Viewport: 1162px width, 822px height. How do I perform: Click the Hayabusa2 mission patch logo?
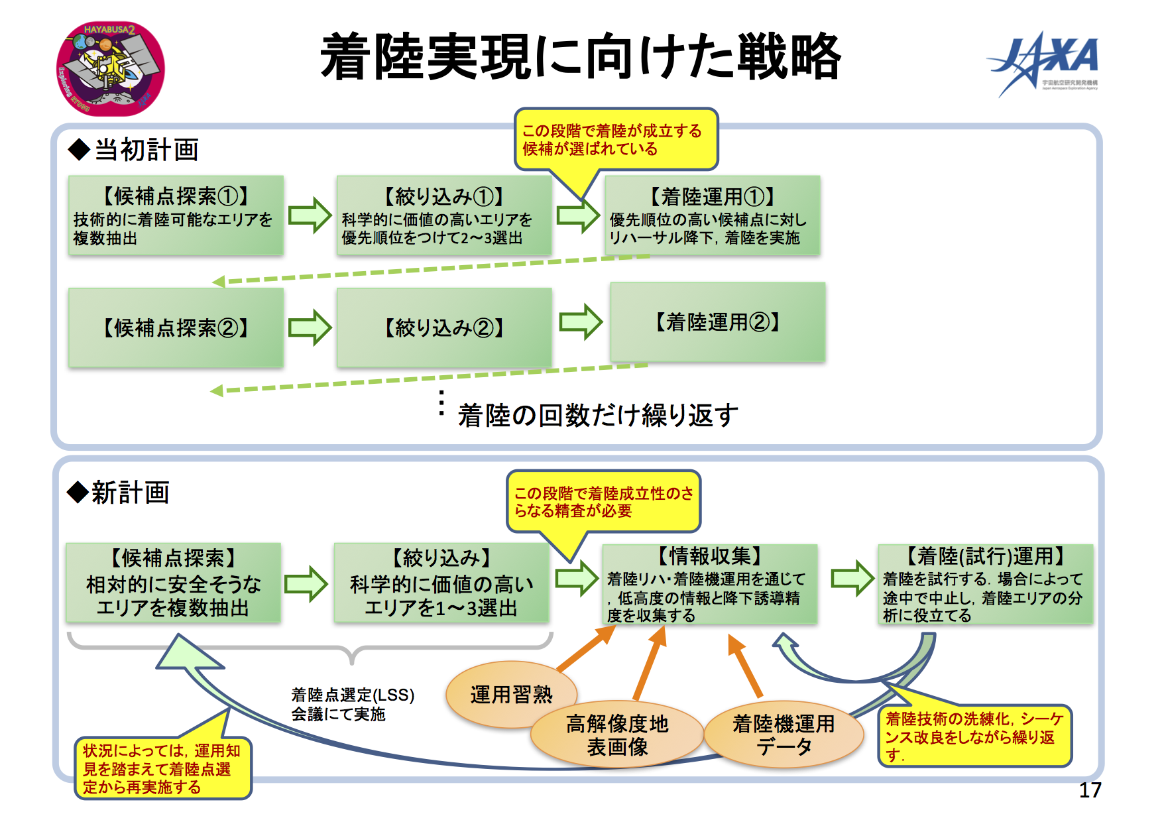point(111,68)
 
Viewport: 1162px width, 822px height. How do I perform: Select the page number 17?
point(1090,790)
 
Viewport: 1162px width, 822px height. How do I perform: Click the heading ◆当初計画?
point(133,150)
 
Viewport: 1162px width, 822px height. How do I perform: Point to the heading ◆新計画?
point(119,493)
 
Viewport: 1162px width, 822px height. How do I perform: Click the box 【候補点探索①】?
point(176,215)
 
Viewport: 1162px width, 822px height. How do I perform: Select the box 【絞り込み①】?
point(444,215)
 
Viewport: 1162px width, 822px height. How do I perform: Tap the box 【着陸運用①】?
point(713,215)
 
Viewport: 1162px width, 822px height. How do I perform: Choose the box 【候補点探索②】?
point(176,327)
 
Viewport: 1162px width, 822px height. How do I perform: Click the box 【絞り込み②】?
point(444,327)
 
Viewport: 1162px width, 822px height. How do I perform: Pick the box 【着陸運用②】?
point(718,322)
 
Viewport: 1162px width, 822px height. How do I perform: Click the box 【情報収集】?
point(710,584)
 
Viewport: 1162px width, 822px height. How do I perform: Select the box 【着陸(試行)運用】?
point(986,584)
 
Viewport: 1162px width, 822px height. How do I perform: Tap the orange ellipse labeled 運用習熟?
point(511,695)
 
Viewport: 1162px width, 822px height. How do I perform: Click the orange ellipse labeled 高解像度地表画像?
point(617,734)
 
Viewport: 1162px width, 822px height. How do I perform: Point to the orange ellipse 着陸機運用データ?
point(784,734)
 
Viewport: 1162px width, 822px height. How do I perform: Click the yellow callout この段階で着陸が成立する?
point(616,140)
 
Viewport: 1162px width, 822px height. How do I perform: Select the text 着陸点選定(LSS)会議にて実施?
point(353,704)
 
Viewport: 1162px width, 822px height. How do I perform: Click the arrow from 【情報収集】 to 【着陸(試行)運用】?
point(853,578)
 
